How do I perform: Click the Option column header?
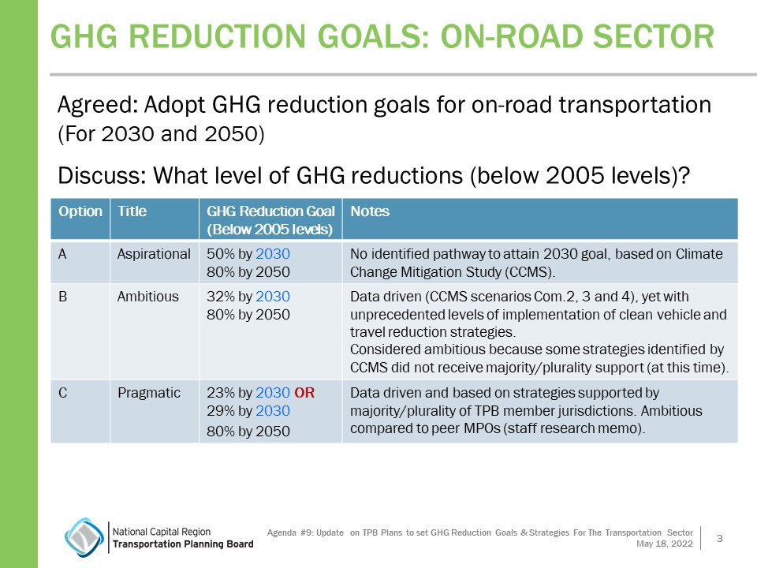coord(80,211)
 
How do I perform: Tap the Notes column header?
coord(370,211)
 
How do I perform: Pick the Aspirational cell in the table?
coord(154,254)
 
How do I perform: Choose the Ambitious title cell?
coord(148,297)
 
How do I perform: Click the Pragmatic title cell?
coord(149,392)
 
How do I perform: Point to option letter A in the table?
coord(62,254)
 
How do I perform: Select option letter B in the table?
coord(62,297)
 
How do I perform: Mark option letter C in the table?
coord(62,392)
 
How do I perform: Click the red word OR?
coord(304,392)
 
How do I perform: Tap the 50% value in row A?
coord(219,254)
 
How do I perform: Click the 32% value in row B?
coord(219,297)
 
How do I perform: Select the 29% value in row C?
coord(219,410)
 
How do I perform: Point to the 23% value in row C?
coord(219,392)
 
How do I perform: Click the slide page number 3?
coord(719,538)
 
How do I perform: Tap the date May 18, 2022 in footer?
coord(665,544)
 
